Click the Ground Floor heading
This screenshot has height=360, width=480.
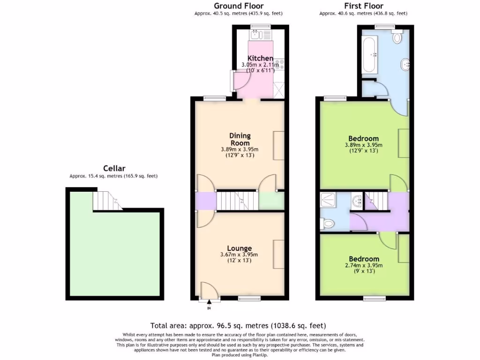239,6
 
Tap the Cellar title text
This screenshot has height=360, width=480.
114,168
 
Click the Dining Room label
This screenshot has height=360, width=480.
240,139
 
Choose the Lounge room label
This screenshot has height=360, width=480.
240,248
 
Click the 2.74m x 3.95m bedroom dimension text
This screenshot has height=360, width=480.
364,265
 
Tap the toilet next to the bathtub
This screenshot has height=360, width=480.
398,37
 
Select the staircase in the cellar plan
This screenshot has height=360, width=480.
106,201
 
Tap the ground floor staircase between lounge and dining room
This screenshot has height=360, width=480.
237,201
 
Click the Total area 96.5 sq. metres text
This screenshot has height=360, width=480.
238,325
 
